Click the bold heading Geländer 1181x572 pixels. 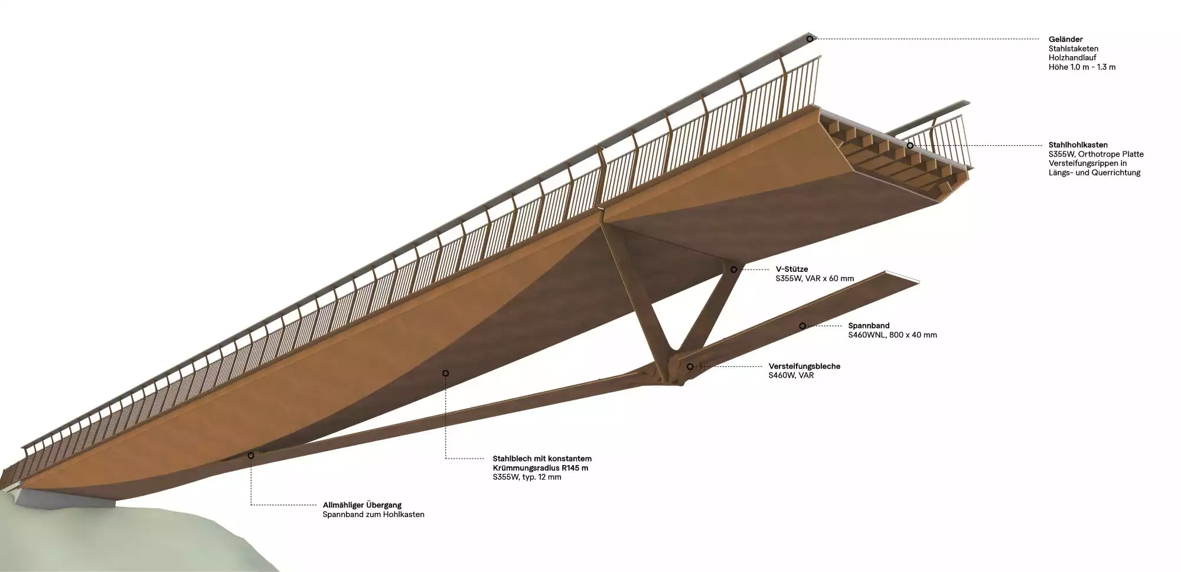tap(1065, 40)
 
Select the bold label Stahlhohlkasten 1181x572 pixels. tap(1078, 145)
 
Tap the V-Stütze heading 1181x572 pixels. tap(791, 269)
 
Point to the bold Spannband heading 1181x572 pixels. tap(869, 326)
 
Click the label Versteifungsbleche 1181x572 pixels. tap(804, 366)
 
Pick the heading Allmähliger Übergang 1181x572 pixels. tap(362, 505)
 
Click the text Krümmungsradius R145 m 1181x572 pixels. tap(540, 468)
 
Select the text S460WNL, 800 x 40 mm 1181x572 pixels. tap(892, 335)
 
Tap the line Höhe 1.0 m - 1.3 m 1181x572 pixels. tap(1082, 67)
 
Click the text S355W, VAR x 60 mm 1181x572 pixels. tap(814, 279)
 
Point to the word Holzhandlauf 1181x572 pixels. tap(1072, 58)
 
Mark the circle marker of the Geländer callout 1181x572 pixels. tap(810, 39)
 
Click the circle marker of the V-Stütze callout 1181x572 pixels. tap(734, 269)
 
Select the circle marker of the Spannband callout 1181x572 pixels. tap(802, 326)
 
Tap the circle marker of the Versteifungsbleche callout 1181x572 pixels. tap(690, 366)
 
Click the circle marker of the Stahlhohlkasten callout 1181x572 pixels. tap(910, 145)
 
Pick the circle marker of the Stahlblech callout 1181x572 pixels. tap(446, 373)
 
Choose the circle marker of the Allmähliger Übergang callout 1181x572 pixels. tap(251, 456)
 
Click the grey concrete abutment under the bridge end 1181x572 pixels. tap(65, 498)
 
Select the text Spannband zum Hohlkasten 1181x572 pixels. tap(373, 515)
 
